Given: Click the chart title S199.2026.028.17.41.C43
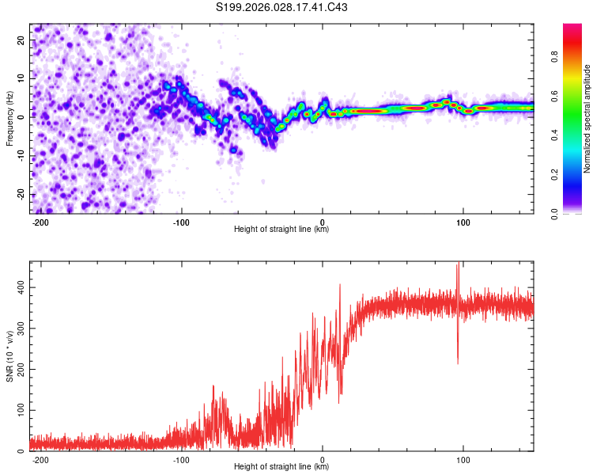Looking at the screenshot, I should [x=282, y=8].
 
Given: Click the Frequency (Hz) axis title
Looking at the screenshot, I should [x=9, y=119].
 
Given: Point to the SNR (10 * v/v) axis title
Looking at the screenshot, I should [x=9, y=356].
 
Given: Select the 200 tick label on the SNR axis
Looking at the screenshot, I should [x=19, y=369].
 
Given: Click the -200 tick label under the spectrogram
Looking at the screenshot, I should [x=40, y=222].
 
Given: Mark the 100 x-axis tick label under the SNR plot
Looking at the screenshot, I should [x=463, y=459].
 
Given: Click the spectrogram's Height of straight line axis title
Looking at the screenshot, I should [x=281, y=230].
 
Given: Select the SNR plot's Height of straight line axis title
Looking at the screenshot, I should [x=281, y=467].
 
